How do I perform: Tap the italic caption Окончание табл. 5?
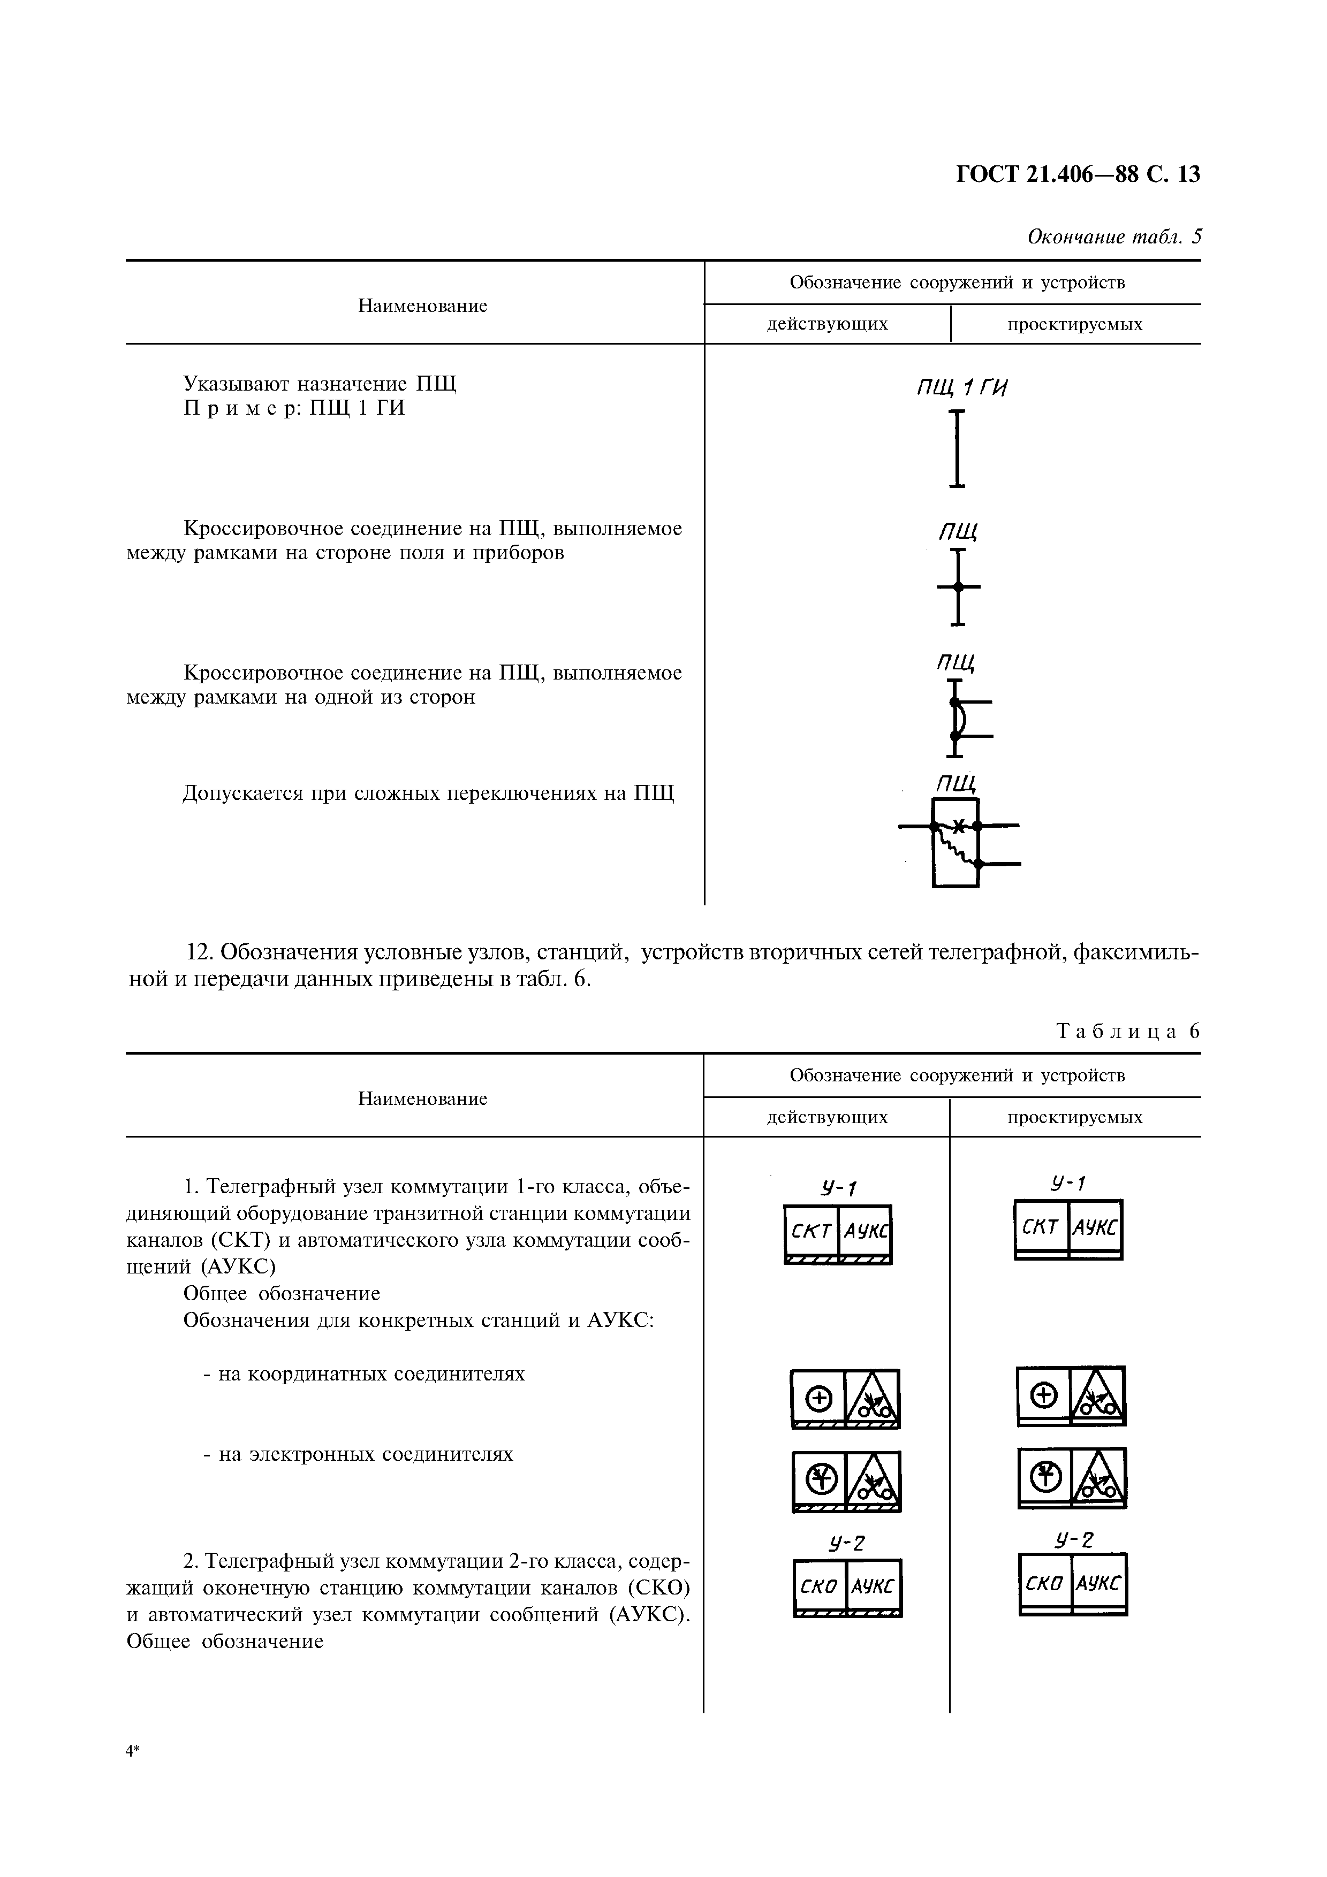(x=1113, y=237)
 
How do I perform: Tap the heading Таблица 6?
(x=1128, y=1031)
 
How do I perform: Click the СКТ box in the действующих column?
(x=811, y=1230)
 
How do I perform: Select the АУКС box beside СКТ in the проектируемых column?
(x=1096, y=1226)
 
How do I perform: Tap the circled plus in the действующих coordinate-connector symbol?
(x=818, y=1400)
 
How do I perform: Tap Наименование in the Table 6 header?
(x=423, y=1098)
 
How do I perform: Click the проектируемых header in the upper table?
(x=1074, y=325)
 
